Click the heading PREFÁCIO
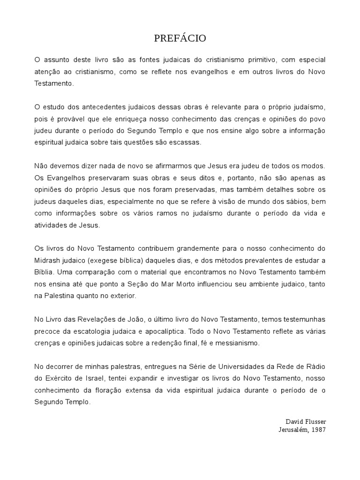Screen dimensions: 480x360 click(180, 38)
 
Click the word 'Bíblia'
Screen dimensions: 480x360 click(44, 271)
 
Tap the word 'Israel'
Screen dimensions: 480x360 click(82, 378)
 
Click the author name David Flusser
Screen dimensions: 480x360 click(305, 421)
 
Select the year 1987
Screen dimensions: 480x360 click(318, 429)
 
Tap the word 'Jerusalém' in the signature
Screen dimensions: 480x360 click(292, 429)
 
